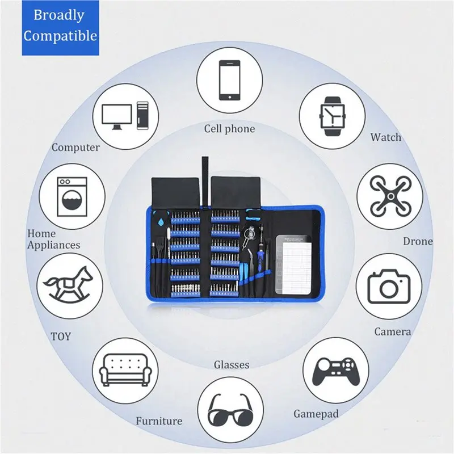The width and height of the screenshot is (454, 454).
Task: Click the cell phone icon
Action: [x=230, y=80]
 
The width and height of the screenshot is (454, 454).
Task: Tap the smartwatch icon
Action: [x=332, y=116]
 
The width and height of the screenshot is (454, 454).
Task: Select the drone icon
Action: [x=390, y=196]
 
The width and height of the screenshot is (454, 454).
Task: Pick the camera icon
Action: [x=389, y=287]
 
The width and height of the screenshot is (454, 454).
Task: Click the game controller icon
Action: [x=336, y=372]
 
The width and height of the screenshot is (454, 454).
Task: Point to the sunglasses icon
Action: [x=230, y=410]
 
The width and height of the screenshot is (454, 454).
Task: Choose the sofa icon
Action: [x=125, y=370]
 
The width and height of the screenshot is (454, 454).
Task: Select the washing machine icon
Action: [x=72, y=196]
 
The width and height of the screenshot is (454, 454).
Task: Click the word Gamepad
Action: [x=316, y=414]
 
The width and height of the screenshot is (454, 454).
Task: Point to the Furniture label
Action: [x=159, y=421]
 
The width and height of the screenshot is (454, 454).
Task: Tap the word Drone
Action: [x=418, y=241]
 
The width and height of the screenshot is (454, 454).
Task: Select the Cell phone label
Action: [x=229, y=129]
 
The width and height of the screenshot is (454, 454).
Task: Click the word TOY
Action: [x=61, y=337]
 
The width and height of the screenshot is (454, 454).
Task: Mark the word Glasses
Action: [x=232, y=364]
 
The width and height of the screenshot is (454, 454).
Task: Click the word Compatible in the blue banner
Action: [x=60, y=36]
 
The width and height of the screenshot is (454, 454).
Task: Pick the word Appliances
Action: [x=53, y=246]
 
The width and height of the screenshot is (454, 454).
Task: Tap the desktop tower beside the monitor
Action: [x=142, y=116]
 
